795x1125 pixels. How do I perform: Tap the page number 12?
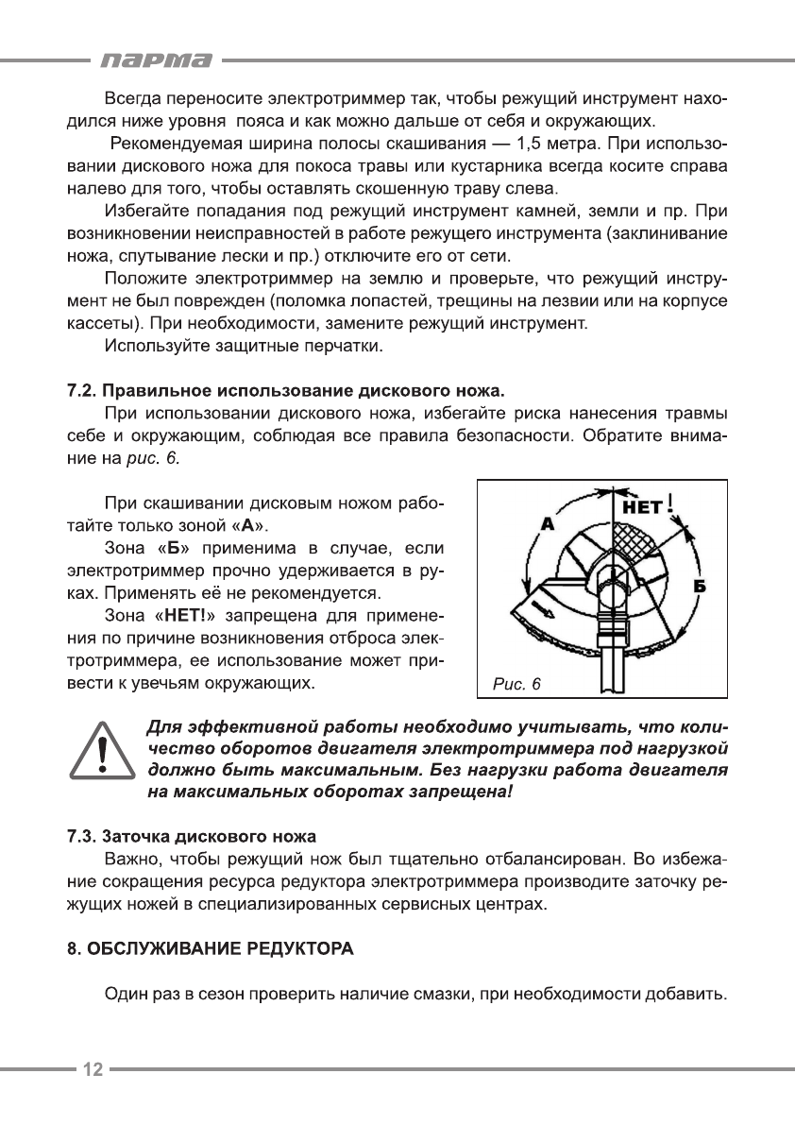93,1069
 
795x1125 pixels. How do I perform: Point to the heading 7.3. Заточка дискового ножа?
191,837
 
